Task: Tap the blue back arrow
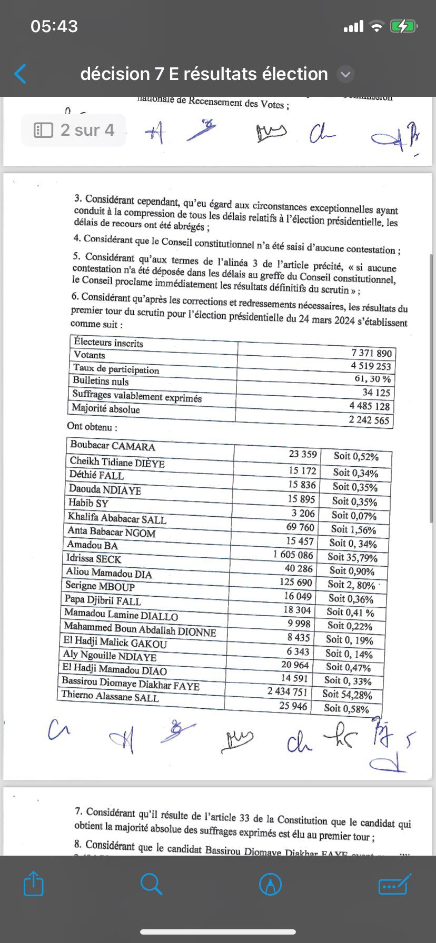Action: pyautogui.click(x=20, y=74)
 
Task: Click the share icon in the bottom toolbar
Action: pyautogui.click(x=34, y=884)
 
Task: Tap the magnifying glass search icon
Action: pyautogui.click(x=151, y=884)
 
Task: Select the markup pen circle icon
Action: pyautogui.click(x=271, y=884)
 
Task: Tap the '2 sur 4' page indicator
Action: pyautogui.click(x=74, y=130)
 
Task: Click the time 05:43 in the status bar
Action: pyautogui.click(x=54, y=26)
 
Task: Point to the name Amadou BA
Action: pyautogui.click(x=92, y=545)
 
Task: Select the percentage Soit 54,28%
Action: pyautogui.click(x=347, y=695)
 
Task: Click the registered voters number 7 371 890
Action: pyautogui.click(x=371, y=353)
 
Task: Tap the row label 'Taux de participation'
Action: pyautogui.click(x=116, y=369)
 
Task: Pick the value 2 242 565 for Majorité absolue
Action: pyautogui.click(x=369, y=420)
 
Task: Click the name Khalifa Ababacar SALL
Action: pyautogui.click(x=117, y=518)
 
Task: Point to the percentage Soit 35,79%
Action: pyautogui.click(x=352, y=557)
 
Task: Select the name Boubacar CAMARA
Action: pyautogui.click(x=113, y=446)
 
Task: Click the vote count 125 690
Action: pyautogui.click(x=296, y=583)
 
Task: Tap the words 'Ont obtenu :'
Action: pyautogui.click(x=92, y=426)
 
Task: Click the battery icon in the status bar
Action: pyautogui.click(x=403, y=26)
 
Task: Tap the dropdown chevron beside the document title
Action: pyautogui.click(x=345, y=75)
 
